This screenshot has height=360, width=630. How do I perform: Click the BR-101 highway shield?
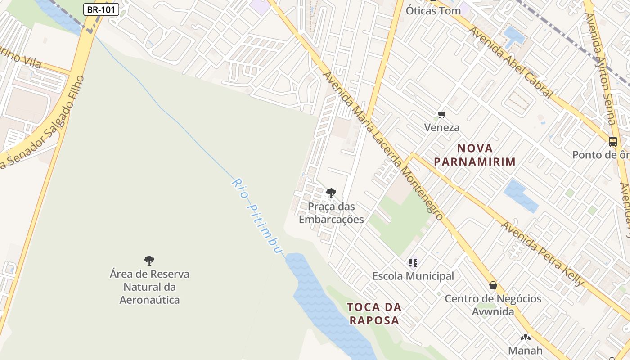(101, 9)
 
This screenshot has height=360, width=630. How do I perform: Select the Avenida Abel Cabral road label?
(510, 62)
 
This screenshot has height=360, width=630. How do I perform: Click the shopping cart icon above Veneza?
(441, 115)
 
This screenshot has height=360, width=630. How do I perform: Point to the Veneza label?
(442, 127)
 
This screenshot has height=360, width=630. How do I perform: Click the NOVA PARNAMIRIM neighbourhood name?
(475, 155)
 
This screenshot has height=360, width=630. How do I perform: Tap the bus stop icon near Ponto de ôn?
(612, 141)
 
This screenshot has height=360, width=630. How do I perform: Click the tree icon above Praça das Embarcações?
(331, 193)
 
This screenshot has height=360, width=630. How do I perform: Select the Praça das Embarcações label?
(331, 213)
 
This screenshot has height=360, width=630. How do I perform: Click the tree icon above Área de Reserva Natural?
(149, 260)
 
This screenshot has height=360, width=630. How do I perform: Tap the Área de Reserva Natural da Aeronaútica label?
(149, 287)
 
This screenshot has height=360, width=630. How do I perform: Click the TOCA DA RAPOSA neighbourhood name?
(374, 314)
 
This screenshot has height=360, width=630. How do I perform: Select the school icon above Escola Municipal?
(413, 263)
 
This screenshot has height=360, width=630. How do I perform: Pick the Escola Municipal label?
(413, 276)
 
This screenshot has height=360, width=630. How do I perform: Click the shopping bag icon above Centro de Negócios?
(493, 285)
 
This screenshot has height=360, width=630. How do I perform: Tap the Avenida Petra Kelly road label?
(542, 253)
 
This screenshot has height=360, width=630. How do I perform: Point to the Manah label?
(525, 350)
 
